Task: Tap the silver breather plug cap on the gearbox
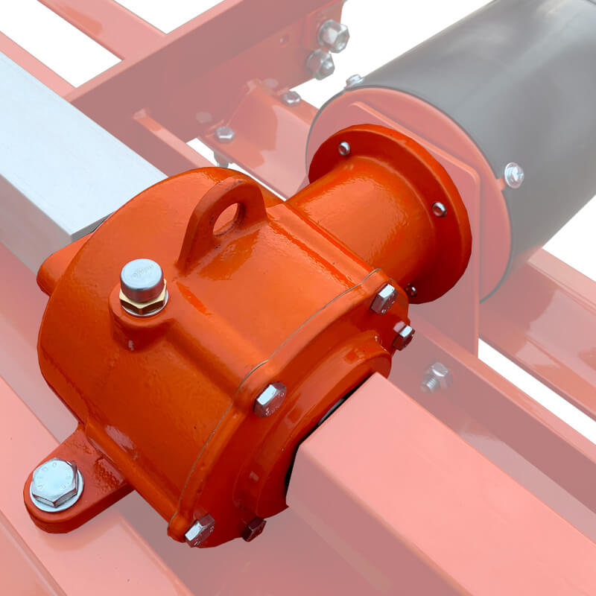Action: [x=142, y=274]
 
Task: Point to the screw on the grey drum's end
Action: [x=513, y=174]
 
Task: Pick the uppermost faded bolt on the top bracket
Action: [x=333, y=33]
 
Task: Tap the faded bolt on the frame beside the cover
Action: [x=435, y=376]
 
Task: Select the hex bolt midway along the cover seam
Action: [x=270, y=398]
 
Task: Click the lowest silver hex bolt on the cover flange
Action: [x=200, y=530]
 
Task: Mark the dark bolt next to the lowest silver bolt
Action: [x=253, y=529]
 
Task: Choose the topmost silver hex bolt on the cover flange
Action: [x=384, y=298]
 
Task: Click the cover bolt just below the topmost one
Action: [x=402, y=336]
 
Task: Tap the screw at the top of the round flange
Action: [x=343, y=148]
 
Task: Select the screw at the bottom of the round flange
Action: [x=410, y=291]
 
